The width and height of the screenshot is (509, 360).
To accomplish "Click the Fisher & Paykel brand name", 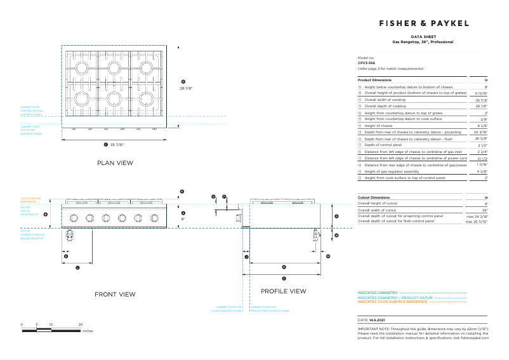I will coord(424,23).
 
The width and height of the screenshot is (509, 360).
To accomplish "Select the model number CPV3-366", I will coord(367,63).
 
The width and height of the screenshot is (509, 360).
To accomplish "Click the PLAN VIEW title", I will coord(115,163).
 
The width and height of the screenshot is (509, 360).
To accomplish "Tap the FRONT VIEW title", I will coord(115,294).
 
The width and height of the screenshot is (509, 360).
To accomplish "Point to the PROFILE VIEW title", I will coord(283,291).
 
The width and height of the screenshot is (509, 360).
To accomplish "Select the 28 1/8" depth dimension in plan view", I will coord(186,88).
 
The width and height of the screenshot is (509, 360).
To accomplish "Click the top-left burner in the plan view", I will coord(80,67).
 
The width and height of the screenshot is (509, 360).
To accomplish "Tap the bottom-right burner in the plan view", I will coord(148,98).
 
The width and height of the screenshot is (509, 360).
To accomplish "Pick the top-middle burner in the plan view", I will coord(114,67).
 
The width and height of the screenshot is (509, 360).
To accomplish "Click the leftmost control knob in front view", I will coord(74,218).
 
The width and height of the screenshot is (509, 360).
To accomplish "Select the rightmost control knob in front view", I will coord(154,218).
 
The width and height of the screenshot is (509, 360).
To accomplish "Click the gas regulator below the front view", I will coord(70,236).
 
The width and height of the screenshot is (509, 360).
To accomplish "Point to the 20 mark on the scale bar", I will coord(81,324).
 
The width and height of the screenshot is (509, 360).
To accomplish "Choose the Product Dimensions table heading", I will coord(374,80).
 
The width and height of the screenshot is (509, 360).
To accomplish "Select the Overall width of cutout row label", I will coord(378,210).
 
